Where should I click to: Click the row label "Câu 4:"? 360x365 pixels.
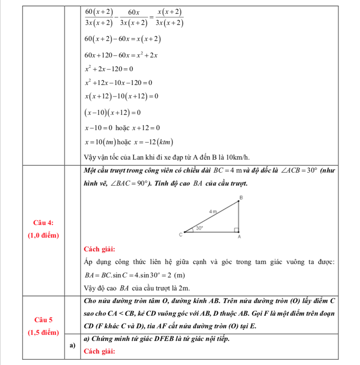tap(43, 222)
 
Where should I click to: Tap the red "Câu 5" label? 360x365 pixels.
tap(44, 320)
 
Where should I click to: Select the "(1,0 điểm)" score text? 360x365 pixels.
tap(43, 235)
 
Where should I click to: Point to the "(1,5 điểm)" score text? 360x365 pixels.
tap(43, 332)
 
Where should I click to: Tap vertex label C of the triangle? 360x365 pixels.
tap(180, 235)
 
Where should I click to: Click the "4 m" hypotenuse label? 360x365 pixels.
tap(212, 211)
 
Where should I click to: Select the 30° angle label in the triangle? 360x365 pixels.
tap(199, 228)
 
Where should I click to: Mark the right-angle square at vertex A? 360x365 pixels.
tap(236, 230)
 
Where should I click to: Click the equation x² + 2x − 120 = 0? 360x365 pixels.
tap(109, 68)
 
